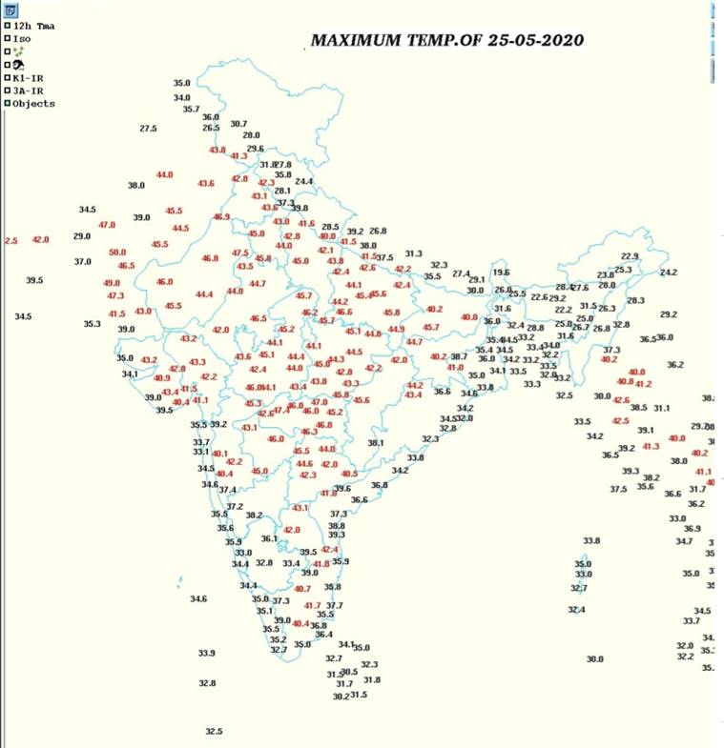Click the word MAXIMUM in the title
351,41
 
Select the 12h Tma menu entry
31,26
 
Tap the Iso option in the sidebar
22,38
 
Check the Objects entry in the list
33,104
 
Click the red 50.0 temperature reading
117,253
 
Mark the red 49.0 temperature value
112,283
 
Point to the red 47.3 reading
116,296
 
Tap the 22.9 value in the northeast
630,256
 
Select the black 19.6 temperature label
502,273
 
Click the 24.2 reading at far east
668,273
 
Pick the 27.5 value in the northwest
148,129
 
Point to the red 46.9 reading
222,217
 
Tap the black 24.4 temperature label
303,181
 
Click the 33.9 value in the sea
206,653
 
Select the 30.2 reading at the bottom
341,697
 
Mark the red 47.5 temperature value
240,253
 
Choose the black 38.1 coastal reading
376,443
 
